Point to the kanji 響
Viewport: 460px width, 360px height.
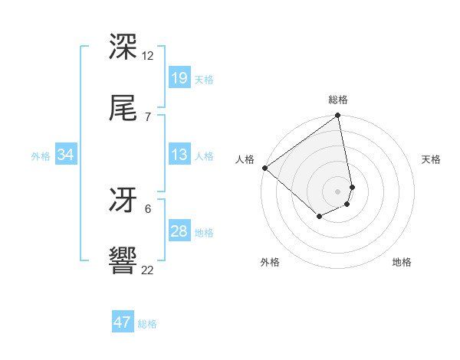pos(123,261)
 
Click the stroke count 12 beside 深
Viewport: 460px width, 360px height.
pos(148,56)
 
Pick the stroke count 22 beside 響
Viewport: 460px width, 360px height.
pos(148,270)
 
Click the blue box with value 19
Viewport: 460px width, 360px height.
pos(179,78)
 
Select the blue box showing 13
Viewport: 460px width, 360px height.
pos(179,155)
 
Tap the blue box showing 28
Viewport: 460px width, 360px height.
pos(179,231)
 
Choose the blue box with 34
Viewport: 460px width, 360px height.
pos(66,155)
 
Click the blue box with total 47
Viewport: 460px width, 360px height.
pos(123,322)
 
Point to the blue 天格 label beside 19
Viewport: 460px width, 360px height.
pos(204,79)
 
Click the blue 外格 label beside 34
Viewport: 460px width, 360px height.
pos(41,155)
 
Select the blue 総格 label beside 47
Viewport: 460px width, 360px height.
pos(147,323)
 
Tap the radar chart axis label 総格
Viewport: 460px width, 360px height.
pos(338,100)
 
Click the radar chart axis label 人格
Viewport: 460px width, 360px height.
pos(245,159)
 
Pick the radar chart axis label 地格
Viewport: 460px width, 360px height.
pos(402,263)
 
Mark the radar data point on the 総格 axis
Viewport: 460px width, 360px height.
pos(338,116)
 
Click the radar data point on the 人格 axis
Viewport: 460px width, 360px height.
pos(264,168)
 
